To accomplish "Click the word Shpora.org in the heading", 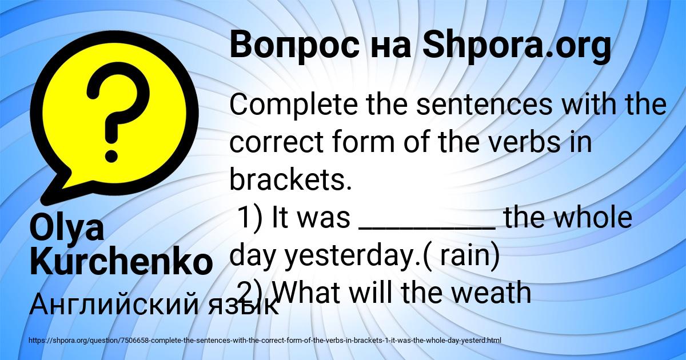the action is point(517,46).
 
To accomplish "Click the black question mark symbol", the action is point(118,112).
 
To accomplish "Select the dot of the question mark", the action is point(111,155).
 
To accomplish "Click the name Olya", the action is point(67,228).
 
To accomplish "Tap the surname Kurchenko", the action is point(121,261).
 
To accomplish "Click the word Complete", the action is point(293,105).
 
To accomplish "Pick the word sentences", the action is point(485,105).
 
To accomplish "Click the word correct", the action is point(277,142).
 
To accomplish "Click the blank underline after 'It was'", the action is point(427,228).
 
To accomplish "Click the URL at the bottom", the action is point(265,341).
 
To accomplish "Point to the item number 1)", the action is point(250,217).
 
